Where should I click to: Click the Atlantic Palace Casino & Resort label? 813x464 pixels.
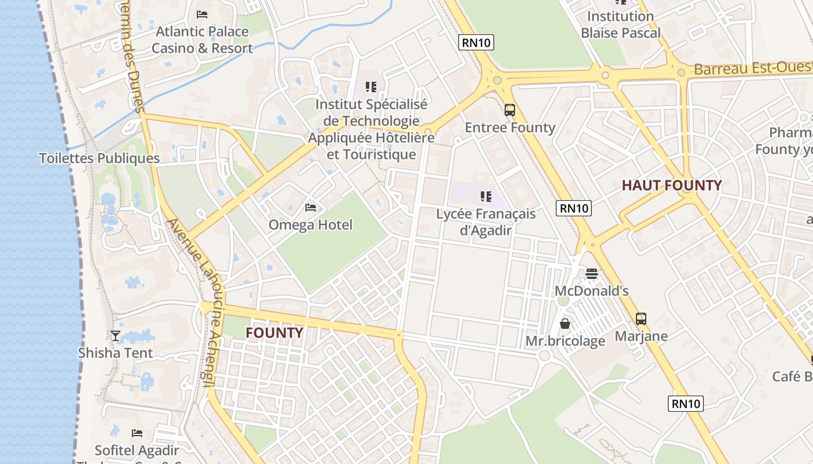pos(202,40)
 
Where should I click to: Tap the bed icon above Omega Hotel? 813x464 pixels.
pos(311,208)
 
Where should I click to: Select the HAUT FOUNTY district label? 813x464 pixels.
pos(672,186)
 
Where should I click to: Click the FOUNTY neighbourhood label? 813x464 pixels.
pos(274,333)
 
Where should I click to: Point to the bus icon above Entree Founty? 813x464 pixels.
pos(510,110)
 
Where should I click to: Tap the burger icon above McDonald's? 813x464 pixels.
pos(592,273)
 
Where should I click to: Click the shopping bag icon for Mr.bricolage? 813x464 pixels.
pos(565,324)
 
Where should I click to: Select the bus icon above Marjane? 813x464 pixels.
pos(641,318)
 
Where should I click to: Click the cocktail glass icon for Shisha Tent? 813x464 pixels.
pos(116,335)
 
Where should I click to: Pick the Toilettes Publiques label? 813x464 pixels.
pos(99,158)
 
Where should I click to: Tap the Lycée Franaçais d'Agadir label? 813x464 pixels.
pos(486,222)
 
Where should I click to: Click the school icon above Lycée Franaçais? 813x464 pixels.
pos(486,197)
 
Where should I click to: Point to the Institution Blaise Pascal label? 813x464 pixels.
pos(621,24)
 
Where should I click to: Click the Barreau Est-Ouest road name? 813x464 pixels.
pos(753,68)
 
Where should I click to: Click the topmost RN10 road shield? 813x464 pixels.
pos(476,42)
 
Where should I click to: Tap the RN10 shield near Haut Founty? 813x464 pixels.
pos(574,208)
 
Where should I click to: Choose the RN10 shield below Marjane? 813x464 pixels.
pos(686,404)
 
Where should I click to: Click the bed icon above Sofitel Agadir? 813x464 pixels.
pos(137,433)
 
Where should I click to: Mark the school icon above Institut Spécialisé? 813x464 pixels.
pos(371,87)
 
